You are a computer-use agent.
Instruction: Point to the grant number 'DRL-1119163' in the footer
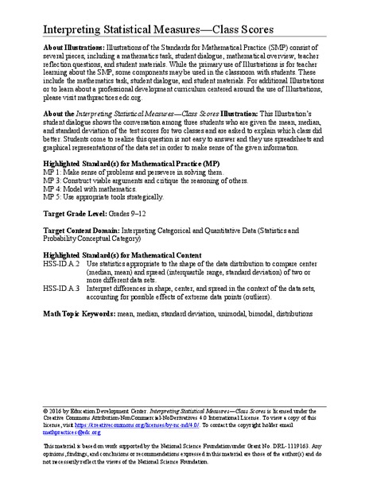[296, 450]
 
